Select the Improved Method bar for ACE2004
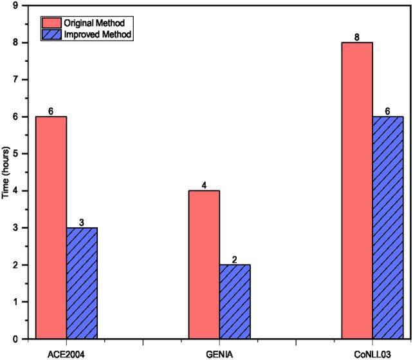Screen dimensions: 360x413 click(82, 283)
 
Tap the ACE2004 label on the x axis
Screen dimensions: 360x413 click(66, 352)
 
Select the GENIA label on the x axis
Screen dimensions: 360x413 click(219, 352)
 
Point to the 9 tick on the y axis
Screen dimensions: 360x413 click(14, 6)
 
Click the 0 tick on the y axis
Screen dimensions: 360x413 click(14, 339)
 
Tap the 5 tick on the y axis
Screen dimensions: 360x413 click(14, 154)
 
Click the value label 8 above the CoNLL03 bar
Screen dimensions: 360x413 click(357, 37)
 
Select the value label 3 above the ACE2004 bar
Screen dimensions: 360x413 click(82, 222)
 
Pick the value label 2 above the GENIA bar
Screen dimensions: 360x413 click(235, 260)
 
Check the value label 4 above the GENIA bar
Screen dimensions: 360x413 click(204, 185)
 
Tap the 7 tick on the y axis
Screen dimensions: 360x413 click(14, 80)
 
